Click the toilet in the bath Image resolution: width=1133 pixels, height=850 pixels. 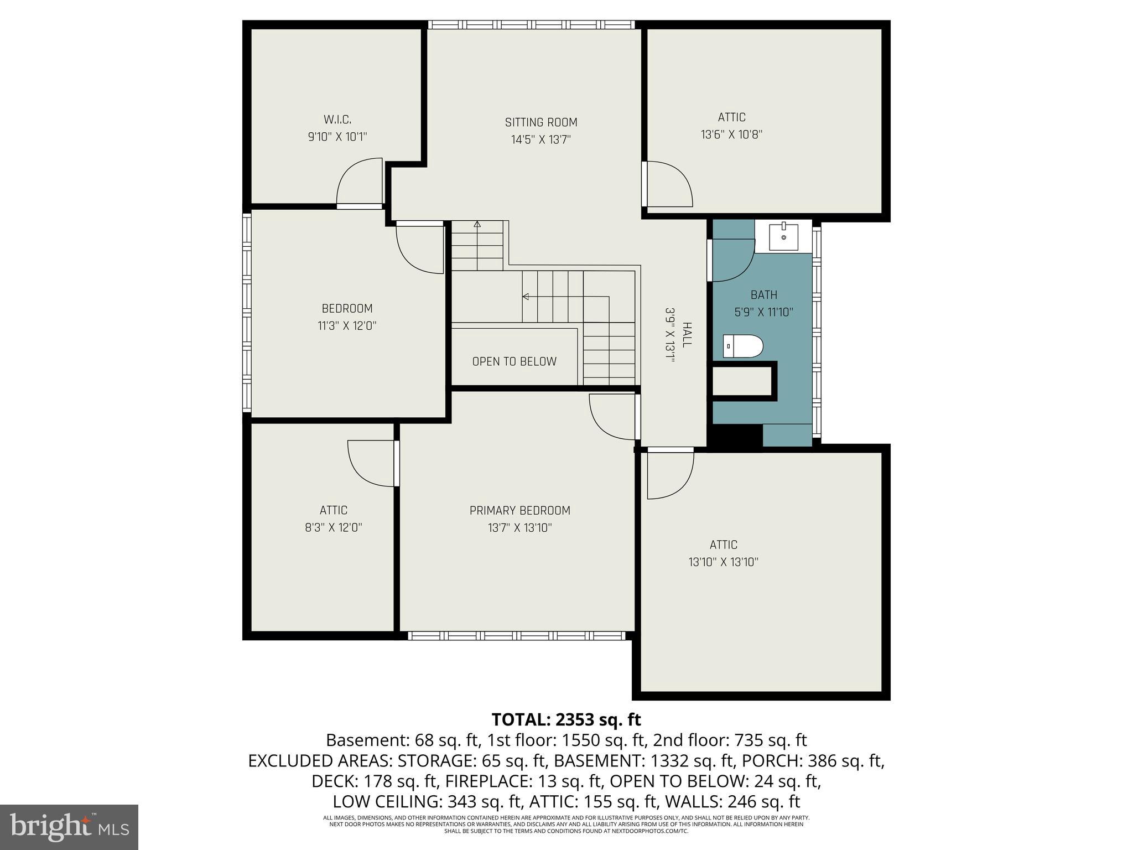743,346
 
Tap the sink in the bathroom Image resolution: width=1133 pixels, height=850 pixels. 783,237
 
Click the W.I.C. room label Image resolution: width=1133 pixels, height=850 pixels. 337,120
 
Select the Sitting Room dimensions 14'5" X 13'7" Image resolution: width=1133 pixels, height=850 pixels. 540,139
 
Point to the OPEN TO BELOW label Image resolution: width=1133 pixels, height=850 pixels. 514,361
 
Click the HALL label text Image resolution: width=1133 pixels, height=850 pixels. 686,335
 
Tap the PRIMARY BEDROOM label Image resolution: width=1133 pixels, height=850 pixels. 519,510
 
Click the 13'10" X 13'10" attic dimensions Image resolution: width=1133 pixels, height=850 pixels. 723,562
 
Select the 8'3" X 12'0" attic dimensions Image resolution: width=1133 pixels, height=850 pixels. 333,527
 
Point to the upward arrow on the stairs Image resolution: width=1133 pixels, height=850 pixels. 477,224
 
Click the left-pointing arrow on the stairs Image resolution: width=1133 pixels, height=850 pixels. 526,297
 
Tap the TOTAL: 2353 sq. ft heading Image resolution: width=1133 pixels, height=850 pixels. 566,719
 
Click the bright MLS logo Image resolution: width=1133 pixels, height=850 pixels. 69,827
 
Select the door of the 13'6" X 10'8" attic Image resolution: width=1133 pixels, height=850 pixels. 668,184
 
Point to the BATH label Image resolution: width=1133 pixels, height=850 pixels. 763,295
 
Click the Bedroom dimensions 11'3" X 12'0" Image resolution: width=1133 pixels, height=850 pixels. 347,326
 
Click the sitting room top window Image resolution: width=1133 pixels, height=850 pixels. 531,25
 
